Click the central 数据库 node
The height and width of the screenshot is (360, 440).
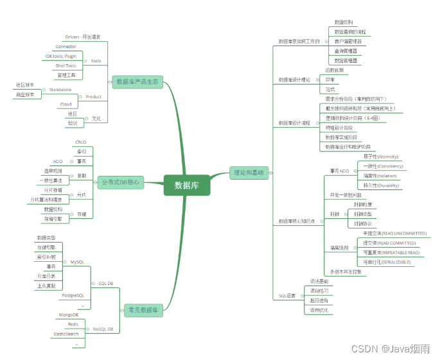pos(187,185)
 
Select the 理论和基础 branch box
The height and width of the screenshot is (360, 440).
pos(249,172)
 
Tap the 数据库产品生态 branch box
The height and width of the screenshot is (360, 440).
pos(137,81)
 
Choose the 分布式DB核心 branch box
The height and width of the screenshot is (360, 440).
pos(120,182)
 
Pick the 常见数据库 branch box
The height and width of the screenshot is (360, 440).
pos(143,311)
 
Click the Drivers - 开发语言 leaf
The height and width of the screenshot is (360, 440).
pos(82,37)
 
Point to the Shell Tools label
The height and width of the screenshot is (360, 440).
pos(66,65)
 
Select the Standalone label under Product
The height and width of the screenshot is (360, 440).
pos(60,90)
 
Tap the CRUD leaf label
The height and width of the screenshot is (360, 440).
pos(81,142)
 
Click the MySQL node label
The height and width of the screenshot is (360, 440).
pos(77,262)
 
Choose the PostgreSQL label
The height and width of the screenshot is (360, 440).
pos(73,295)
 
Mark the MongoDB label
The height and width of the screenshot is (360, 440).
pos(69,315)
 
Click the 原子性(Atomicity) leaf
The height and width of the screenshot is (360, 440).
pos(381,157)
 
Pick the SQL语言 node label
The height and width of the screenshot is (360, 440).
pos(287,296)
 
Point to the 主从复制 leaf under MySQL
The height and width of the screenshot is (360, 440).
pos(46,286)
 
